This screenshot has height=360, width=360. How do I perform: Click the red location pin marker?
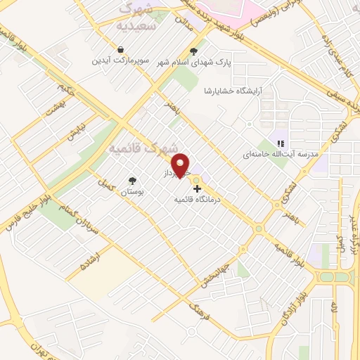point(182,166)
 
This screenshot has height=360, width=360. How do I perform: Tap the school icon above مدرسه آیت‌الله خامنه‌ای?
point(281,143)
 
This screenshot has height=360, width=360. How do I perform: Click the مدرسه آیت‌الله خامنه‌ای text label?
point(281,154)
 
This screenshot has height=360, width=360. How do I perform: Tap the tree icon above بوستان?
point(131,180)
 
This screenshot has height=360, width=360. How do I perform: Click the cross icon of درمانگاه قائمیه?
point(197,188)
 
